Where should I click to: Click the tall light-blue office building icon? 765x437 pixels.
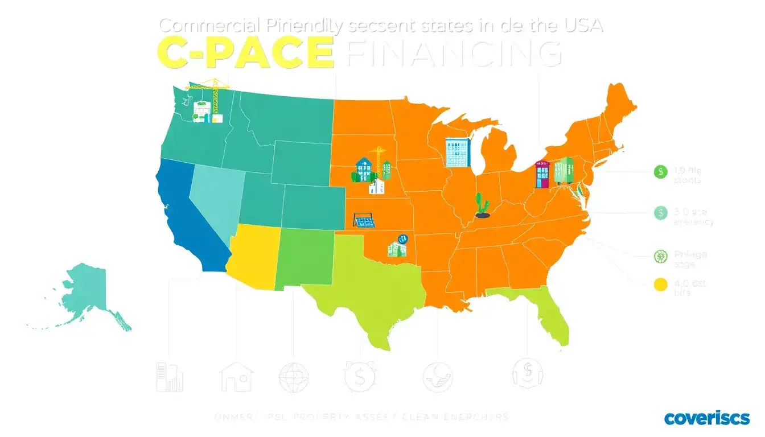(458, 152)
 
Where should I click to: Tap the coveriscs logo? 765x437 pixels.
(707, 418)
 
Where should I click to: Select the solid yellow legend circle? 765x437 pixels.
(660, 284)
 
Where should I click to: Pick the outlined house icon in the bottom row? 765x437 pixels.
(237, 377)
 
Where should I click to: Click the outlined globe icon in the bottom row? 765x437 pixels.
(294, 377)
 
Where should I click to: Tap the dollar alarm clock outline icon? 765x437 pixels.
(359, 376)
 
